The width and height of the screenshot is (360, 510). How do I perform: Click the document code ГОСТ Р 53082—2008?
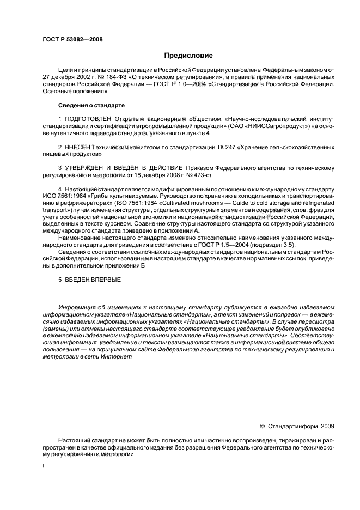coord(72,39)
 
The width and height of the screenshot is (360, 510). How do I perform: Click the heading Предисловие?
coord(188,56)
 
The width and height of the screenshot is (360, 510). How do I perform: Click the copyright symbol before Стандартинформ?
coord(262,426)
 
